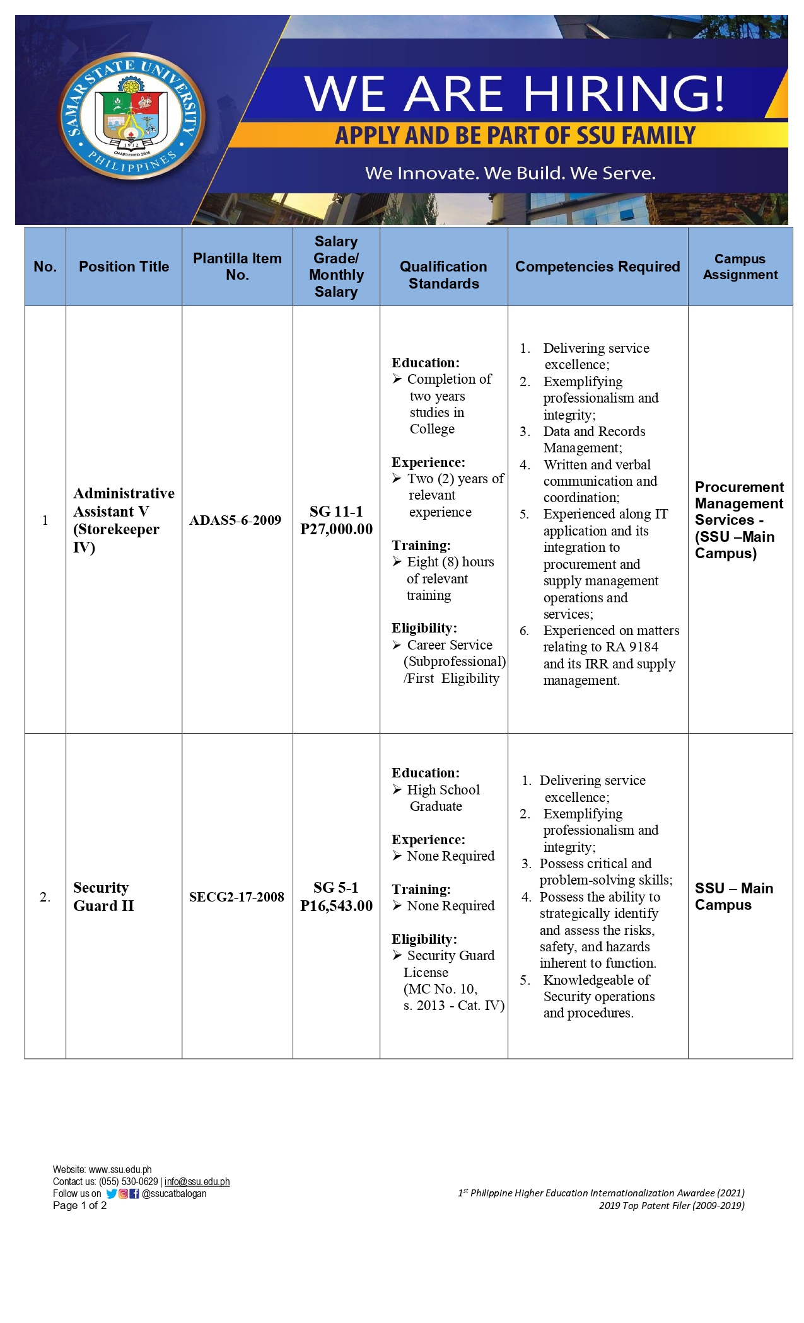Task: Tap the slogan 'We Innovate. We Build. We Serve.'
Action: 510,173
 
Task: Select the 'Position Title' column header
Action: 124,266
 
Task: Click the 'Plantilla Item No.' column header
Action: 237,266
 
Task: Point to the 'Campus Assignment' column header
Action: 740,266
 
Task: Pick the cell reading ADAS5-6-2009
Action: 235,520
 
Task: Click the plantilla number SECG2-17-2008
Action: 236,897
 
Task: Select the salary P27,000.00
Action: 336,530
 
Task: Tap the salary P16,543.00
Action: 336,906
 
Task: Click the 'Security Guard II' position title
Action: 103,896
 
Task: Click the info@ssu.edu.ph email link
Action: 197,1182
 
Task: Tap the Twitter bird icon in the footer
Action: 112,1194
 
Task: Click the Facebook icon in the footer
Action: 134,1194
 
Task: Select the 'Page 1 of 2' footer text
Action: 79,1206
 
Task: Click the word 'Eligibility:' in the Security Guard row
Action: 424,939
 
